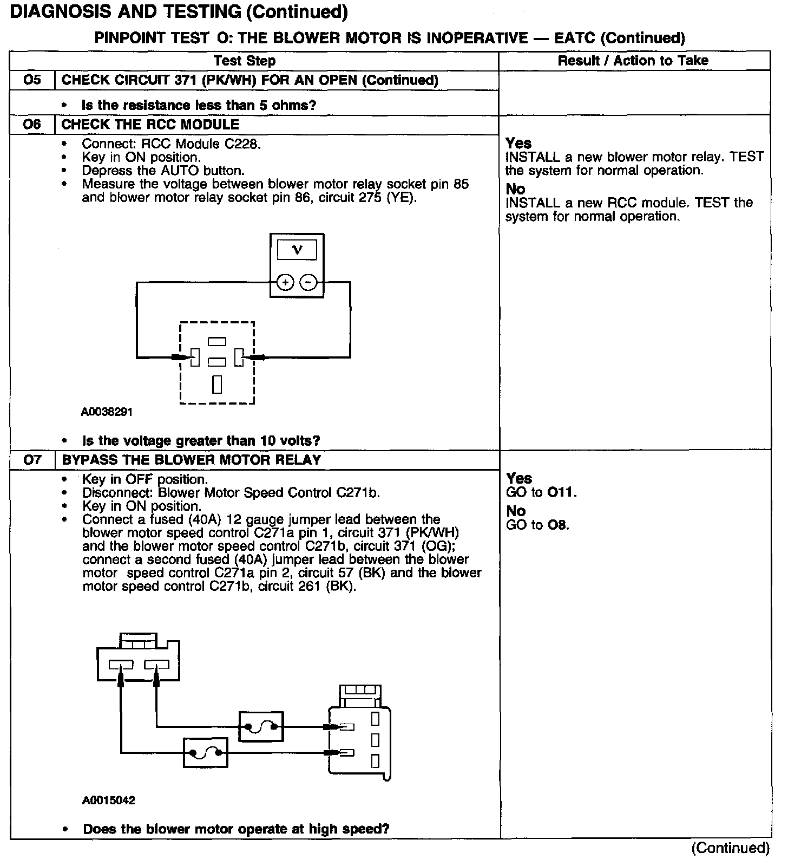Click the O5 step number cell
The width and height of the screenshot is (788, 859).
32,80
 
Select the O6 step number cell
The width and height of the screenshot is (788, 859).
32,125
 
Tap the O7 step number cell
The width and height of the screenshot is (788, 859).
32,460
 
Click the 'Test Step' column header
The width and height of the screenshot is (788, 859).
245,61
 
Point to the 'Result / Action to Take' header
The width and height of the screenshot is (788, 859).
633,61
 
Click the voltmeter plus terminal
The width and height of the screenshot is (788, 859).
285,282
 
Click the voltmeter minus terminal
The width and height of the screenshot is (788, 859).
308,282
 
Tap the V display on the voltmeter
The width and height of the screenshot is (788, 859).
297,250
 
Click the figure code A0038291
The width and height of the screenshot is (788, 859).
107,412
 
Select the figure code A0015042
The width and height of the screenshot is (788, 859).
109,801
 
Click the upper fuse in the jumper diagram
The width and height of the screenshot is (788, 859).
261,727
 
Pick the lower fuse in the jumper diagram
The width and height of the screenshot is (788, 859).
206,753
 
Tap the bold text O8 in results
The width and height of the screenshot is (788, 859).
558,525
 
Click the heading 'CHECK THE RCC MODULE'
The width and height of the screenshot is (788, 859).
150,125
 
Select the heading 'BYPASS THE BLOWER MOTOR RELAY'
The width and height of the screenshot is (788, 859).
192,460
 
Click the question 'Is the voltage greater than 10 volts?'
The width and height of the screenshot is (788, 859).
201,440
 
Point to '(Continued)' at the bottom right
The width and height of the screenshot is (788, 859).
730,848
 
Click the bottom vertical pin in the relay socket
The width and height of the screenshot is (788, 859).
217,383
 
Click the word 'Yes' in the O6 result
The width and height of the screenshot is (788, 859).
518,144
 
